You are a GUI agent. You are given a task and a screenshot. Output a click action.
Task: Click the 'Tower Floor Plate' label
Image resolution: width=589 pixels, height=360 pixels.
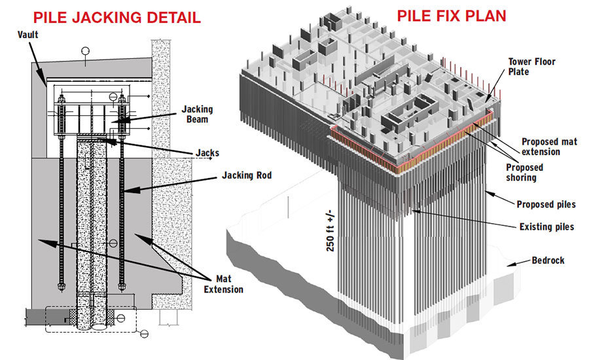pos(532,67)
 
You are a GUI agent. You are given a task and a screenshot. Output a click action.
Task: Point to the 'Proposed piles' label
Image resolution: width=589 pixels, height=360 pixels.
pos(546,204)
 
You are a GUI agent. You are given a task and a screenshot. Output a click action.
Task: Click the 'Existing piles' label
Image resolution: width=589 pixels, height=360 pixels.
pos(543,226)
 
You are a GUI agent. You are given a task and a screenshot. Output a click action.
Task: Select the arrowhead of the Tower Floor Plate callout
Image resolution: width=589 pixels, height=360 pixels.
pos(488,101)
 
